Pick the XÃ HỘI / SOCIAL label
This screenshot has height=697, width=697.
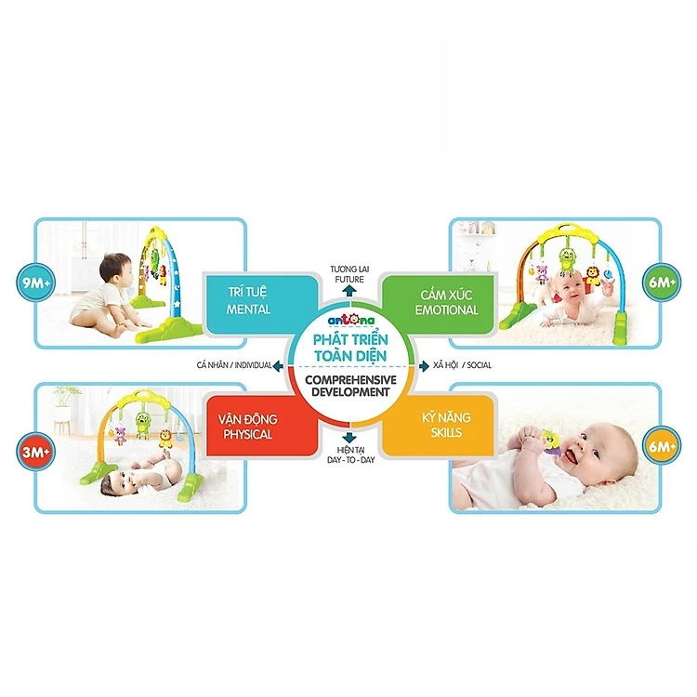462,365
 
